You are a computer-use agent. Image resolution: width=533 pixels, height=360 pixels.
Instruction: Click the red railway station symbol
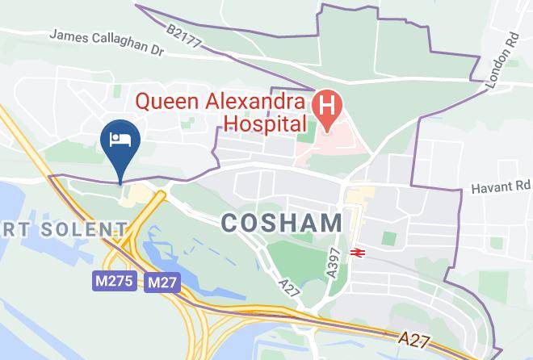tap(357, 252)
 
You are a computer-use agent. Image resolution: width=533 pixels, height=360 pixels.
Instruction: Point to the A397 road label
tap(333, 262)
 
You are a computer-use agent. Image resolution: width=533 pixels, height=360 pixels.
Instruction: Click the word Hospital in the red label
tap(266, 123)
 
